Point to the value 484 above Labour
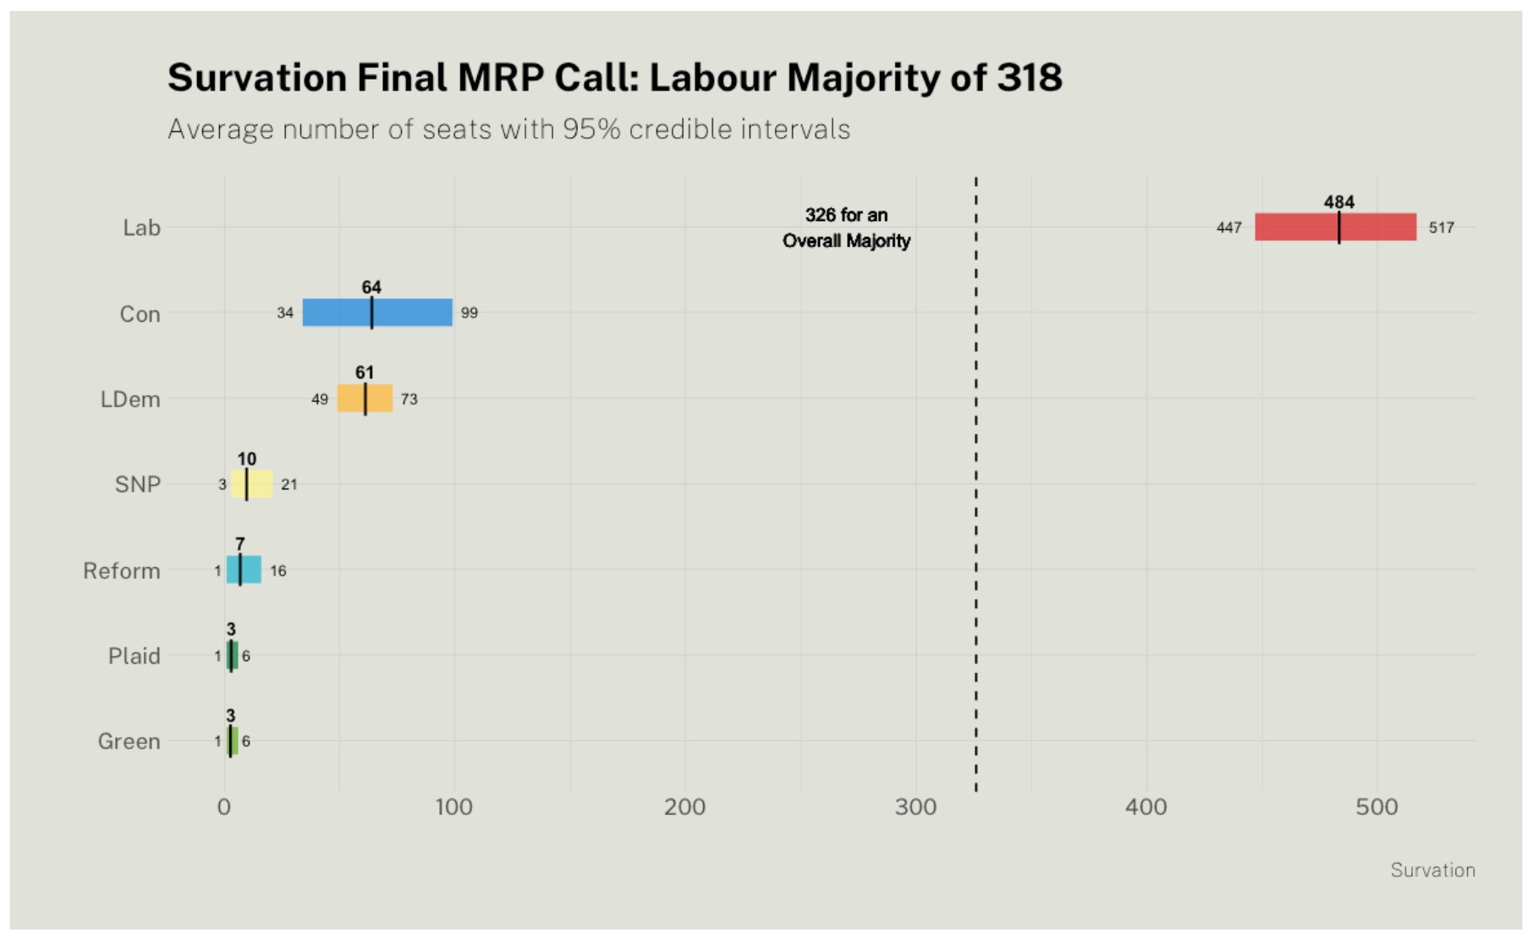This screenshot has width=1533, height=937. pyautogui.click(x=1338, y=201)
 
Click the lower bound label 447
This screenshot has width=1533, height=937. pyautogui.click(x=1228, y=228)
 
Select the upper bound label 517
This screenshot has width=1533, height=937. pyautogui.click(x=1441, y=228)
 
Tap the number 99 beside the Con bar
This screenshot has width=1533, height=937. pyautogui.click(x=469, y=313)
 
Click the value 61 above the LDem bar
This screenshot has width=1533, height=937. pyautogui.click(x=364, y=372)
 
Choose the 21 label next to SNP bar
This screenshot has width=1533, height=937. pyautogui.click(x=288, y=485)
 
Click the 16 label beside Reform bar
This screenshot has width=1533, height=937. pyautogui.click(x=277, y=571)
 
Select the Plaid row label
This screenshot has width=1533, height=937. pyautogui.click(x=134, y=656)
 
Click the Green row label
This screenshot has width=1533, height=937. pyautogui.click(x=129, y=741)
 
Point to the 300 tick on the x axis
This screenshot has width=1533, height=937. pyautogui.click(x=915, y=807)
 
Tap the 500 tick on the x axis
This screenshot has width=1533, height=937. pyautogui.click(x=1376, y=807)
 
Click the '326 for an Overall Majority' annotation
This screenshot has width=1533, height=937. pyautogui.click(x=846, y=228)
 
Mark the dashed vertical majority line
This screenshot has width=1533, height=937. pyautogui.click(x=975, y=508)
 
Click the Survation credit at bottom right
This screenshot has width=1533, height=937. pyautogui.click(x=1432, y=870)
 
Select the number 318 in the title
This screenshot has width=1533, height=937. pyautogui.click(x=1029, y=78)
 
